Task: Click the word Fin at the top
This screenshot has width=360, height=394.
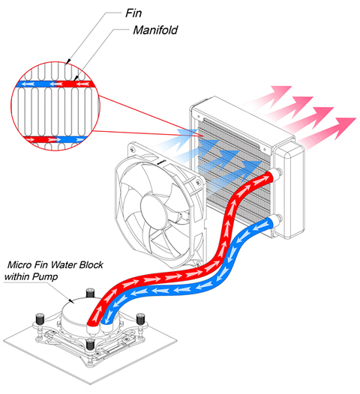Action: [x=133, y=13]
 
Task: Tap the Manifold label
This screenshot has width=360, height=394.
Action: [x=155, y=30]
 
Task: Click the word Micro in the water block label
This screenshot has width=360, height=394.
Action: [x=19, y=264]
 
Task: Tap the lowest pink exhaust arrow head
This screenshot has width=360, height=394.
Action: [x=345, y=127]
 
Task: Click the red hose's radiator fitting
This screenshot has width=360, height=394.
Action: [x=277, y=174]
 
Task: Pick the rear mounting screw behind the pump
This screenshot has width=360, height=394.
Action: [x=90, y=293]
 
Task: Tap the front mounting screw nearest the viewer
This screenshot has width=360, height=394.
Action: [x=91, y=345]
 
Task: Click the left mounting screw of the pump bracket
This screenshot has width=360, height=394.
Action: [x=40, y=318]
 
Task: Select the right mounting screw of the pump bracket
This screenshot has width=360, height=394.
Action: [x=140, y=318]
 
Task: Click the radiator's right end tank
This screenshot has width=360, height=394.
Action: [x=289, y=191]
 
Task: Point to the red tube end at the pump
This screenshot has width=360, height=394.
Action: [x=92, y=322]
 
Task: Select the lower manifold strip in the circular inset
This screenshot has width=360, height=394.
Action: [x=55, y=139]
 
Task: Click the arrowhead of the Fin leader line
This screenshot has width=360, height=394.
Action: [x=68, y=61]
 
